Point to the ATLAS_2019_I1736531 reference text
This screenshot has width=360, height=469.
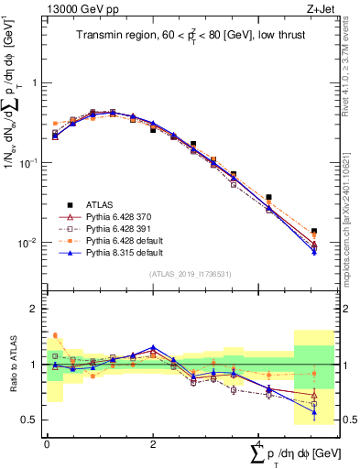coord(189,273)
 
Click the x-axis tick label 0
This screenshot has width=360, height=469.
coord(47,442)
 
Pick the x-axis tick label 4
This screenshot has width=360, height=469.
coord(258,442)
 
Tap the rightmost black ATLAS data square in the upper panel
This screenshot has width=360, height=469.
coord(314,232)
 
